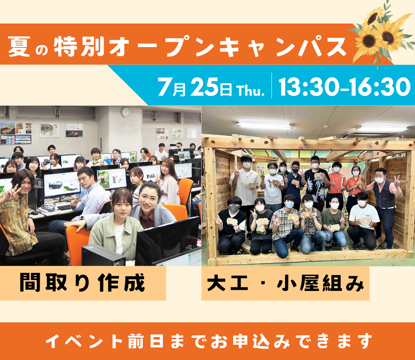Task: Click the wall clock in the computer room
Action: [126, 112]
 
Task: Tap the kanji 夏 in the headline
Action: [19, 47]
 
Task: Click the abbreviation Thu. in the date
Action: [251, 90]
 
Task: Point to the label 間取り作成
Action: [82, 283]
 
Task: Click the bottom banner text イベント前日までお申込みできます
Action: [209, 341]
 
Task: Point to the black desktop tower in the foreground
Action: [103, 255]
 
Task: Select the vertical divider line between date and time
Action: [272, 85]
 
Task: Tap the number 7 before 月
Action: [164, 87]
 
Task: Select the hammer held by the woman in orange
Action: [342, 184]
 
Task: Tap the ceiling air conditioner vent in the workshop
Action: [350, 135]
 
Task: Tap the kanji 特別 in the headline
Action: [79, 47]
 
